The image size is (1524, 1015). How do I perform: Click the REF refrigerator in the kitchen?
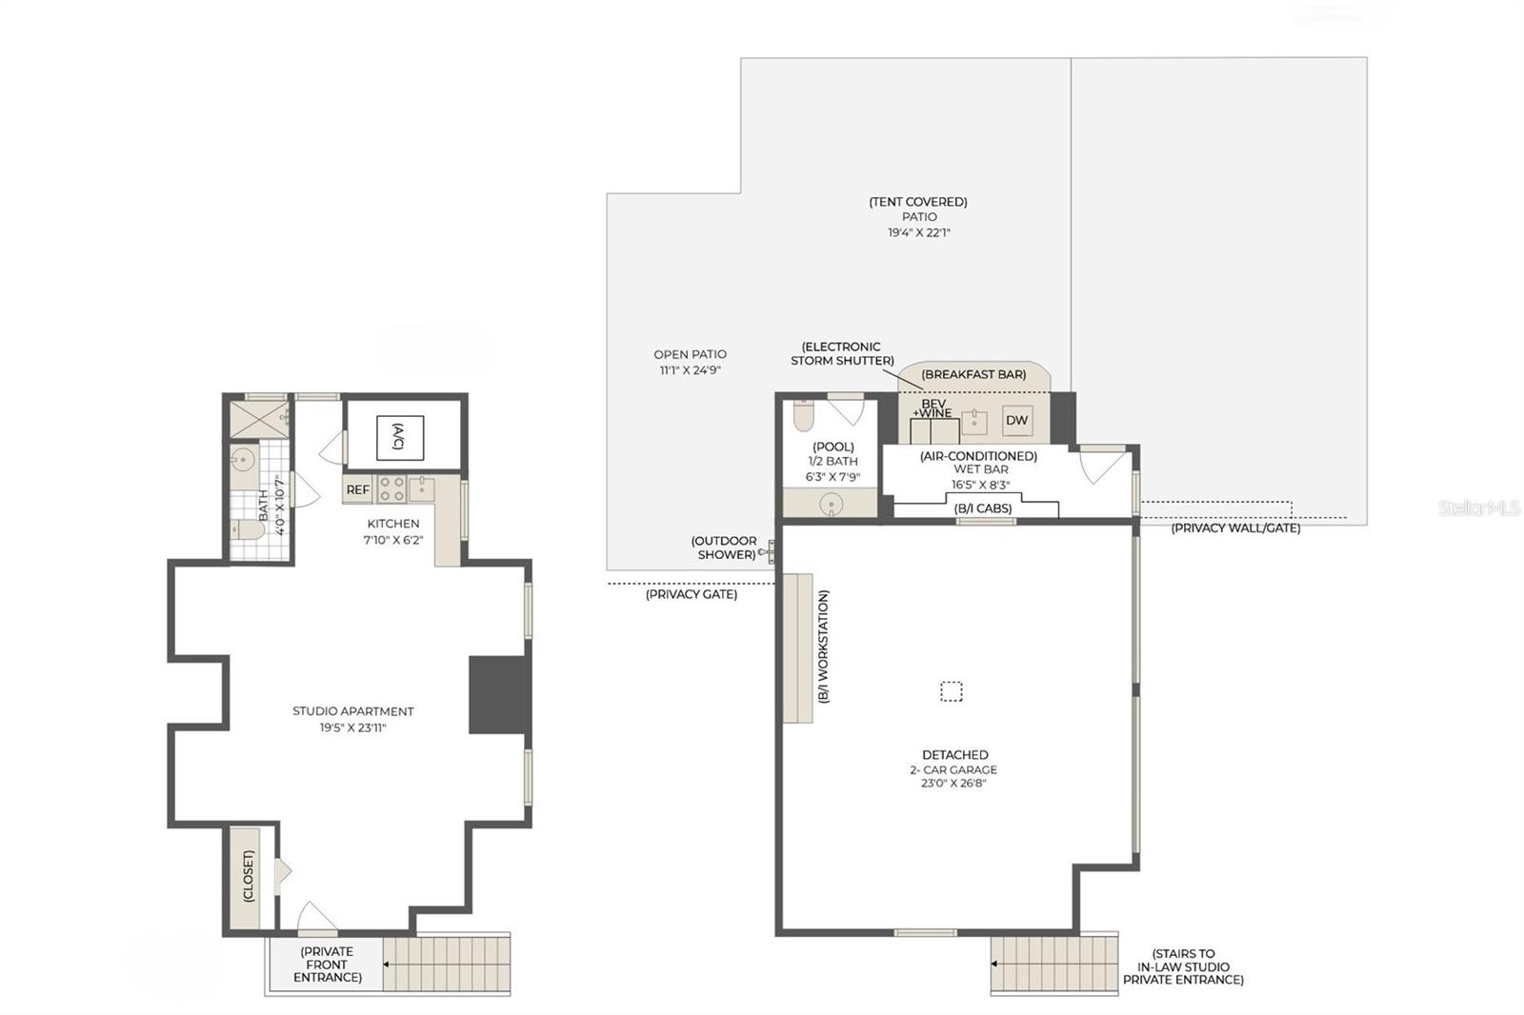(357, 489)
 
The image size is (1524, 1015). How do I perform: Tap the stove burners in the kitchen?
(391, 489)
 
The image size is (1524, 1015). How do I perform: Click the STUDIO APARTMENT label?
(352, 711)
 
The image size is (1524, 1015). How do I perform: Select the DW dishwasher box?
(1016, 420)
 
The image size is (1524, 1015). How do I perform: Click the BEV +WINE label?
(933, 408)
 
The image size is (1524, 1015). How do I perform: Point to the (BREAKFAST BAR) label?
(973, 374)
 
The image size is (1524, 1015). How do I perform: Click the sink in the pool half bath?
(832, 505)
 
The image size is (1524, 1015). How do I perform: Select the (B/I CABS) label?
(983, 508)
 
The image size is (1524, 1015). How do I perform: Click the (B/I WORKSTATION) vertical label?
(824, 647)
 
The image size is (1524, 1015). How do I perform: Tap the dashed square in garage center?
(951, 691)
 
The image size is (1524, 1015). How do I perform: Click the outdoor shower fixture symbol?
(768, 551)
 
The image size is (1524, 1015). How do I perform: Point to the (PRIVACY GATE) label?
(692, 594)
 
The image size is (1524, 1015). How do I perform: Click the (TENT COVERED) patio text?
(918, 202)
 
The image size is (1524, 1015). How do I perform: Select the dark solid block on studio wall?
(498, 694)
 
